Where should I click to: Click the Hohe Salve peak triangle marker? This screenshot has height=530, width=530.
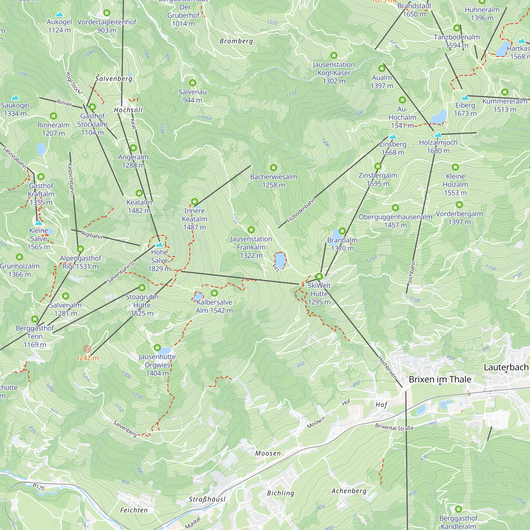pyautogui.click(x=159, y=244)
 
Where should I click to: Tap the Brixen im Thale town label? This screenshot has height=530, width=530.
pyautogui.click(x=440, y=379)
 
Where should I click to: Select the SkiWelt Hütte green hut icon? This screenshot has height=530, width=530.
pyautogui.click(x=319, y=276)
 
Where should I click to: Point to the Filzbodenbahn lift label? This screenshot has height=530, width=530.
pyautogui.click(x=301, y=211)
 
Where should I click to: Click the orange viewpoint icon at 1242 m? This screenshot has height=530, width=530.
pyautogui.click(x=87, y=349)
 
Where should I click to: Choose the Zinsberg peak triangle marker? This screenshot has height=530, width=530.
pyautogui.click(x=393, y=136)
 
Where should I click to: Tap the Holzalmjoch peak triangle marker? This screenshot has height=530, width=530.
pyautogui.click(x=438, y=135)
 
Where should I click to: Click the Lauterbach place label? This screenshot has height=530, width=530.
pyautogui.click(x=506, y=367)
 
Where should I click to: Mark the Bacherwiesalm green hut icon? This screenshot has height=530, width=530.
pyautogui.click(x=273, y=167)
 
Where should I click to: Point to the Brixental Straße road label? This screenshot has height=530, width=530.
pyautogui.click(x=394, y=427)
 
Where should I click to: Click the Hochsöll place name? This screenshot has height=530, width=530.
pyautogui.click(x=128, y=110)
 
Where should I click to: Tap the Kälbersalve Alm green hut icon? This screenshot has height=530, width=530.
pyautogui.click(x=214, y=293)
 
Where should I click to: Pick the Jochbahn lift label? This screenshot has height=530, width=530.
pyautogui.click(x=412, y=272)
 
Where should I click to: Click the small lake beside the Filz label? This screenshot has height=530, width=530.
pyautogui.click(x=280, y=260)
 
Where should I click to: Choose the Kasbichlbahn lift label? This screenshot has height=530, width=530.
pyautogui.click(x=71, y=179)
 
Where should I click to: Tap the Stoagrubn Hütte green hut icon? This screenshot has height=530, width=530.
pyautogui.click(x=142, y=288)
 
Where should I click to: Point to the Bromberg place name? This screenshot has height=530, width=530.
pyautogui.click(x=236, y=41)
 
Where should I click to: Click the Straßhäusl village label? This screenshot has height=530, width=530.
pyautogui.click(x=207, y=499)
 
